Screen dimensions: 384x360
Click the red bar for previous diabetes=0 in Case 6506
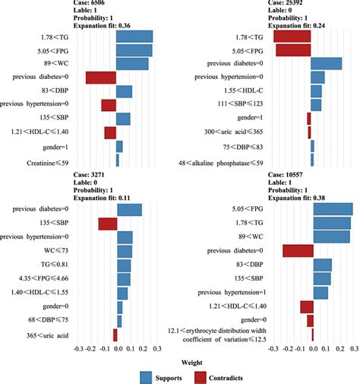(101, 78)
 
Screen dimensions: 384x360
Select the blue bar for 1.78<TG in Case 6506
(134, 36)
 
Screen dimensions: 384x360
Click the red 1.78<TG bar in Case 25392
(292, 36)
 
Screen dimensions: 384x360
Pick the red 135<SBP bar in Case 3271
(107, 223)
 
